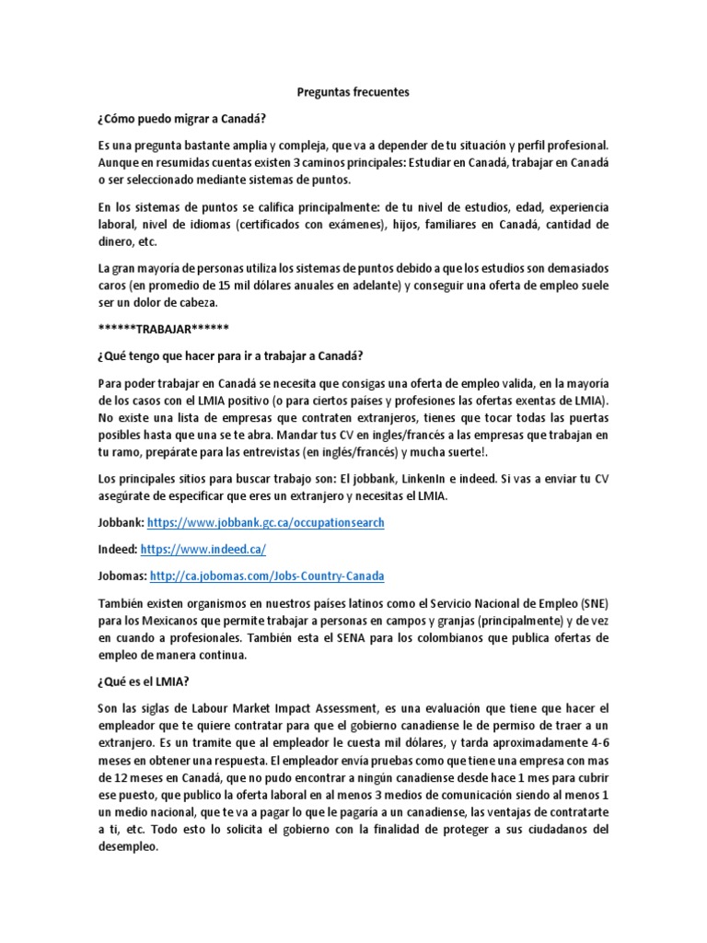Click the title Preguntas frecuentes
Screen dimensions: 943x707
[353, 93]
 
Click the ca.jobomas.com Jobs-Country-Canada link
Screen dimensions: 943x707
[267, 576]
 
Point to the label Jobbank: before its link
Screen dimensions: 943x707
[121, 522]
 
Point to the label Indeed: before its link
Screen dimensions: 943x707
[117, 549]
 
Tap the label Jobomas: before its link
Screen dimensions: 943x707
[122, 576]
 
